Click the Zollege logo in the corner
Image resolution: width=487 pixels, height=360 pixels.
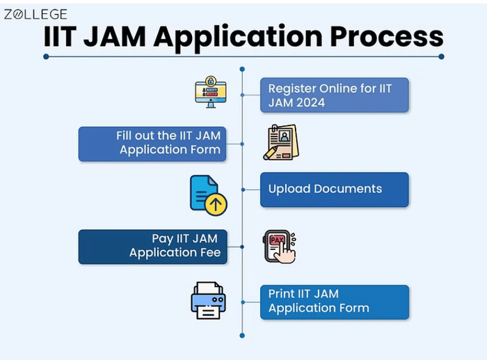[x=36, y=14]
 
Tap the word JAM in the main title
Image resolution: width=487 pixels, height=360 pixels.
[x=129, y=36]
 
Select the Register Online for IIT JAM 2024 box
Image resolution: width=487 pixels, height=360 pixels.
[x=334, y=95]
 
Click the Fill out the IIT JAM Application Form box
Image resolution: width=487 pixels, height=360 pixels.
[x=152, y=143]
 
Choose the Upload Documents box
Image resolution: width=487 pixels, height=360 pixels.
[x=334, y=189]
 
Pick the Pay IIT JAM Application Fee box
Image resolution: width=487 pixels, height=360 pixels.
[x=152, y=246]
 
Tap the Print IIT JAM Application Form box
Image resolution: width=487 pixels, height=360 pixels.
[x=334, y=302]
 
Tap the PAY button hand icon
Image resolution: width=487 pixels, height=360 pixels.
[x=280, y=246]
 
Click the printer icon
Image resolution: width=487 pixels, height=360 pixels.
[x=208, y=300]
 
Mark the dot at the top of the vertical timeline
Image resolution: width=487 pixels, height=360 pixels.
[x=242, y=69]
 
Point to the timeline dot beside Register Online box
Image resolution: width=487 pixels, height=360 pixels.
[x=242, y=95]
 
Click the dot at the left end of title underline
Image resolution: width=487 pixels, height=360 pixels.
[x=46, y=56]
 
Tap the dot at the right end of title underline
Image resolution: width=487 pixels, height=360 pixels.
[x=441, y=56]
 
